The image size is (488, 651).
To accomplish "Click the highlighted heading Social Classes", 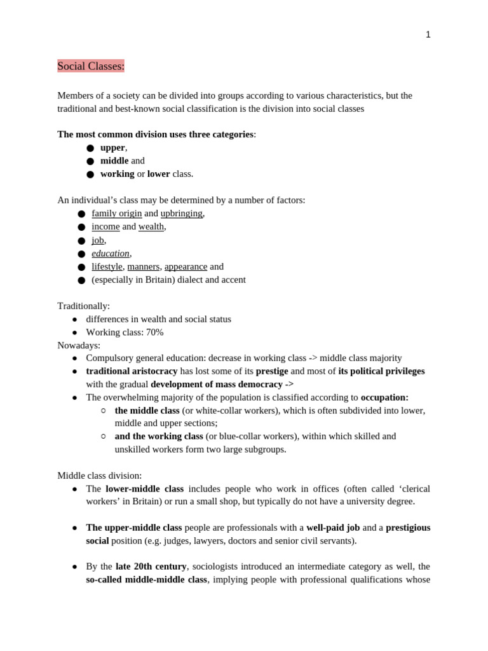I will pos(91,66).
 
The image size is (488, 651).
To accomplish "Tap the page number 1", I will pos(428,35).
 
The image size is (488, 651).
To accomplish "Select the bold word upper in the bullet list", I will pos(112,147).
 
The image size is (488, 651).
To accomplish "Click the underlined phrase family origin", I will pos(117,214).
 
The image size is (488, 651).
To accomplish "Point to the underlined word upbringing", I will pos(181,214).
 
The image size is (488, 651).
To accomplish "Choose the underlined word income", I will pos(105,226).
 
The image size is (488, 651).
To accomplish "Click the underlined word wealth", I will pos(151,226).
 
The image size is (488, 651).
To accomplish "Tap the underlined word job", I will pos(98,240).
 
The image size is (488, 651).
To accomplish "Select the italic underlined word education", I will pos(111,253).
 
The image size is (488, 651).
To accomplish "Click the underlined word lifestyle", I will pos(107,266).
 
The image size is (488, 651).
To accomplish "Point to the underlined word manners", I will pos(143,266).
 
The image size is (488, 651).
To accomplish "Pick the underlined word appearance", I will pos(186,266).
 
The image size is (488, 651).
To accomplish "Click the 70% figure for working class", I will pos(154,332).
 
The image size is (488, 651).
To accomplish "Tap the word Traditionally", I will pos(83,306).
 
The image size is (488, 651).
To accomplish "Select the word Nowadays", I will pos(79,345).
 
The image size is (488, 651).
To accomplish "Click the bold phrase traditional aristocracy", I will pos(132,371).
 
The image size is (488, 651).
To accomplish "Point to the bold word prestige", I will pos(272,371).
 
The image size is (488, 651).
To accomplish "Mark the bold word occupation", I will pos(384,397).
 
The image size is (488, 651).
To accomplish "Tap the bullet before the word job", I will pos(81,240).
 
